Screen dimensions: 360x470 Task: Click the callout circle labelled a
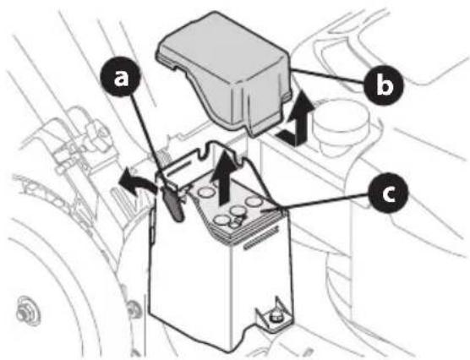pos(123,79)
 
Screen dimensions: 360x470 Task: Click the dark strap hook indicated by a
pos(173,205)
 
